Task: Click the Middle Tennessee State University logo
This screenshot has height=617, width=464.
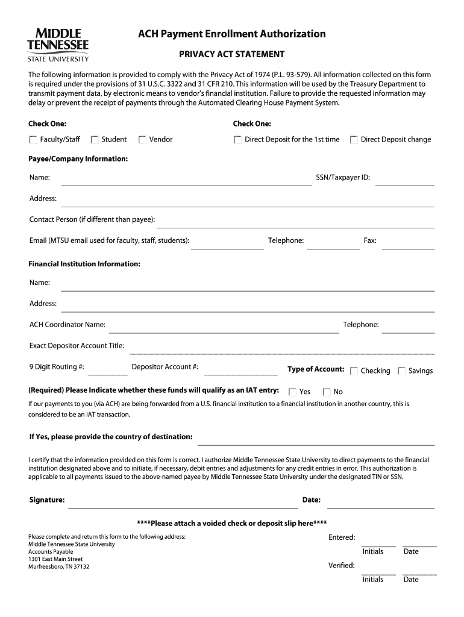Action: tap(58, 44)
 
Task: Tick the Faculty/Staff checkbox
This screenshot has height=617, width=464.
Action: tap(33, 140)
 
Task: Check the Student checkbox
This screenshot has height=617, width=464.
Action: tap(95, 140)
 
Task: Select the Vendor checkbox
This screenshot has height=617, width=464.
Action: tap(142, 140)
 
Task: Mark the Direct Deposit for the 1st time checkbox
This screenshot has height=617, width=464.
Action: tap(238, 140)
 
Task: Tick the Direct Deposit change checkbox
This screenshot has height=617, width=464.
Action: tap(354, 140)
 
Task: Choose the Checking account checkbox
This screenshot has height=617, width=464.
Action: tap(354, 371)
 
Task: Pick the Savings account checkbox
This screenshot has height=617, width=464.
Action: tap(401, 371)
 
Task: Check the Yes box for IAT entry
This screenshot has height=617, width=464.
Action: tap(293, 392)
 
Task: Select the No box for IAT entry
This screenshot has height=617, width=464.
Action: tap(327, 392)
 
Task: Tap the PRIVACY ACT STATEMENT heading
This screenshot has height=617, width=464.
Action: tap(231, 54)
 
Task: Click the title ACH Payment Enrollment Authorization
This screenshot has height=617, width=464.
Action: tap(231, 34)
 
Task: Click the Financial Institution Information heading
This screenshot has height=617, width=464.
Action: tap(84, 264)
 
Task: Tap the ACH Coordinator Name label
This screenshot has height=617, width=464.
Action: tap(67, 325)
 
